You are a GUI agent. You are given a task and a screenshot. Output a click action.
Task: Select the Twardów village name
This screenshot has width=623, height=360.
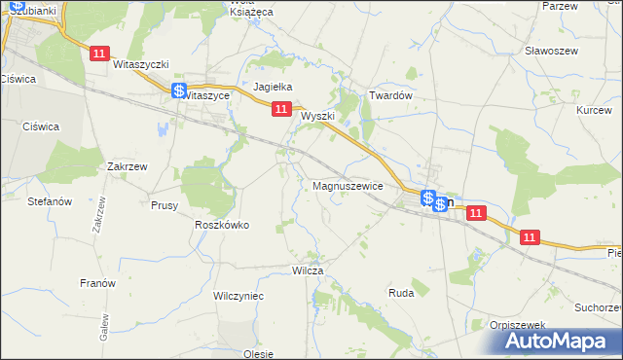(392, 96)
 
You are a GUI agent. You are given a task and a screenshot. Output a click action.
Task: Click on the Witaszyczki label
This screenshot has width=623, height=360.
(141, 64)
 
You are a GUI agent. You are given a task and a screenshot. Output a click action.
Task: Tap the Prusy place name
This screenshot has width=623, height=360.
(164, 205)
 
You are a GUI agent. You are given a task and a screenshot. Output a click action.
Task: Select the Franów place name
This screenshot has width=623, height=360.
(97, 283)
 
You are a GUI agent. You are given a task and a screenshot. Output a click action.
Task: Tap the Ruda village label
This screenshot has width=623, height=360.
(401, 292)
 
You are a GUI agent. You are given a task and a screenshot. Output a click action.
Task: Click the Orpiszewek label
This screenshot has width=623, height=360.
(515, 325)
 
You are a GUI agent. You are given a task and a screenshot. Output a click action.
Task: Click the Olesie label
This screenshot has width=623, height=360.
(259, 354)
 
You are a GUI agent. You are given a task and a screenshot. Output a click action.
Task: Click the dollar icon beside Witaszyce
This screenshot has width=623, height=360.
(179, 91)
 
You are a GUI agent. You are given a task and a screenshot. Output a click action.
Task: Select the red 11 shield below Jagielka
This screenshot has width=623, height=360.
(280, 110)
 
